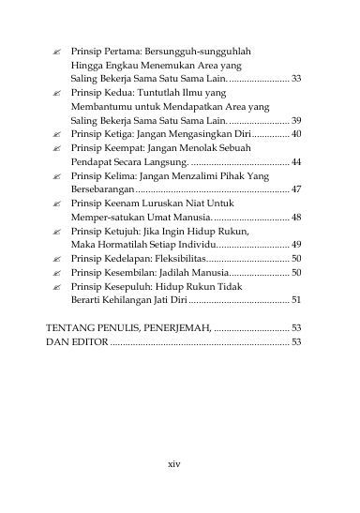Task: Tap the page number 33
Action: pos(296,79)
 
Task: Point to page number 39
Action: pos(296,121)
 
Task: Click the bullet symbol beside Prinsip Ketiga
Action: pos(57,135)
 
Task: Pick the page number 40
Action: pos(296,135)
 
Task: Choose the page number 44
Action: pos(296,163)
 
